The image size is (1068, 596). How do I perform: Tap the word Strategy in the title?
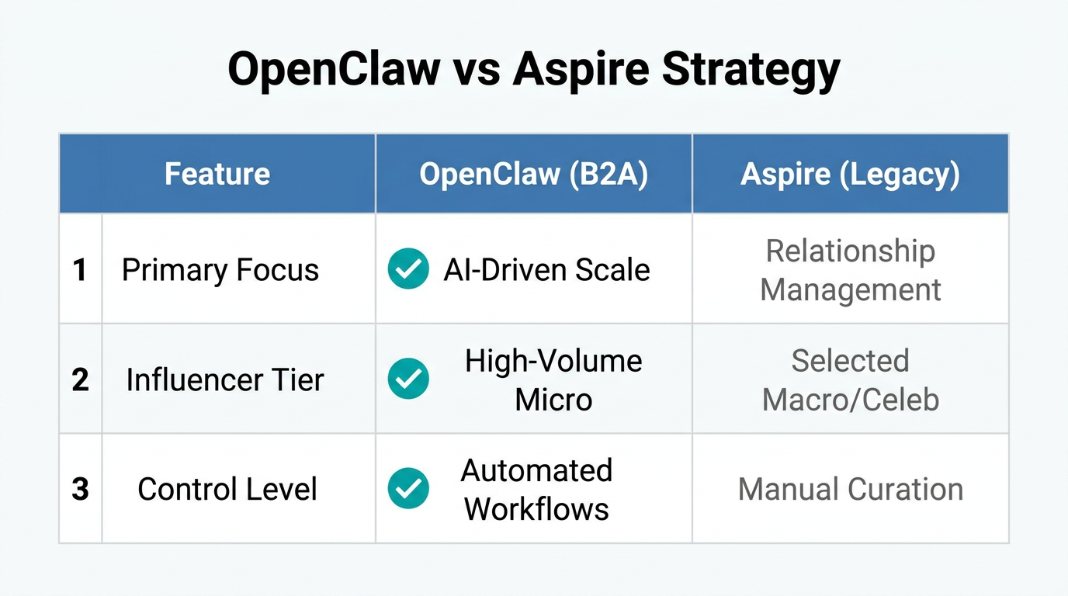coord(751,71)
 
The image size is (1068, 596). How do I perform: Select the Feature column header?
coord(217,174)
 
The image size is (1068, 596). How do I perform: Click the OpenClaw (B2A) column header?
coord(534,174)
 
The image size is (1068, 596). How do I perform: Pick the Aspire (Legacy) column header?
coord(851,174)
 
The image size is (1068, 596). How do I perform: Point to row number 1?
coord(80,270)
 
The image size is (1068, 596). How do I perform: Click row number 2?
coord(80,380)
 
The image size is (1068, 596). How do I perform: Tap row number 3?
coord(80,490)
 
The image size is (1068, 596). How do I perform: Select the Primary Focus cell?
coord(220,270)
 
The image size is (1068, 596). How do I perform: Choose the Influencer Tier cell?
coord(225,380)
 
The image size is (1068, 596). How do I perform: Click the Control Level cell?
coord(227,490)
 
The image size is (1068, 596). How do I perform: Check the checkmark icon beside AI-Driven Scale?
coord(408,269)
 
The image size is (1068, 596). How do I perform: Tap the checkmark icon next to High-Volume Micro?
coord(408,379)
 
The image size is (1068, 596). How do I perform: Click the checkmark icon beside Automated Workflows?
coord(408,489)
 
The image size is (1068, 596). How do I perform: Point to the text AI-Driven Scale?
coord(547,270)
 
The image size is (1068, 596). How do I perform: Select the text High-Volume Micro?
coord(553,380)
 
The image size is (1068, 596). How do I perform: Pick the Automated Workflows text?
coord(537,490)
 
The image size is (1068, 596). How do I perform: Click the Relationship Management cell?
coord(851,270)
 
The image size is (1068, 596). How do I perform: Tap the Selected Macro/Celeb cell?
coord(851,380)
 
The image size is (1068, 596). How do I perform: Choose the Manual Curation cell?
coord(851,490)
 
